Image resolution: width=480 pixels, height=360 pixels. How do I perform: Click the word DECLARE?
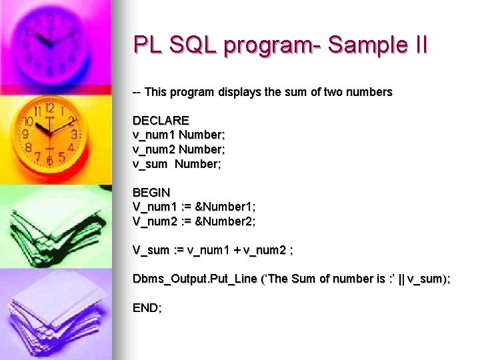(161, 121)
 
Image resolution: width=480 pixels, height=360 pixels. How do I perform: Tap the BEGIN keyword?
(151, 193)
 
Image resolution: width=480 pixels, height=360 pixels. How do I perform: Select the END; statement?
(147, 308)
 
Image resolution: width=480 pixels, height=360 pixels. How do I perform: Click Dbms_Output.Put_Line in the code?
(195, 279)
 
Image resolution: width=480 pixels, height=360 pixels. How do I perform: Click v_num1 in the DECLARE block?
(153, 135)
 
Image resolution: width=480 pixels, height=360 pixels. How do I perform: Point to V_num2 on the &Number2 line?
(154, 221)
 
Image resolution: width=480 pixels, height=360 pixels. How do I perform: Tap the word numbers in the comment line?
(369, 92)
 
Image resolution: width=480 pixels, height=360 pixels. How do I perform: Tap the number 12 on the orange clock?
(49, 108)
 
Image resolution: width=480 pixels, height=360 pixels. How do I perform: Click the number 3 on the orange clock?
(74, 134)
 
